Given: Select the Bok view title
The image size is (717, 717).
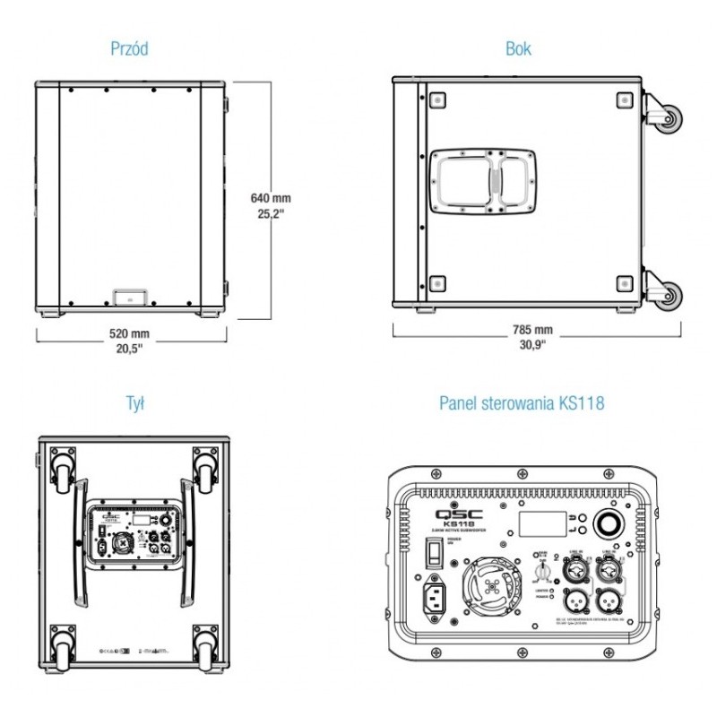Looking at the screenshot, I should [518, 49].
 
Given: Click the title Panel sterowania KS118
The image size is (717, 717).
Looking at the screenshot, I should [522, 403].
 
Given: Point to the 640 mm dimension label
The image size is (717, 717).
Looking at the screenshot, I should [271, 197].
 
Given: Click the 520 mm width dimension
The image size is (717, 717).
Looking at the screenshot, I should [130, 334].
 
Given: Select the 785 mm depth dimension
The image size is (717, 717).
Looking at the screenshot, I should [532, 330].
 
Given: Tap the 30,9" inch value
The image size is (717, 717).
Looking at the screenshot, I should [532, 347].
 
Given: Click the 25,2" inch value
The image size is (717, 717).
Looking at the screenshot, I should [271, 214].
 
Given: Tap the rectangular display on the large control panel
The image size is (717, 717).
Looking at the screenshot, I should [541, 524].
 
